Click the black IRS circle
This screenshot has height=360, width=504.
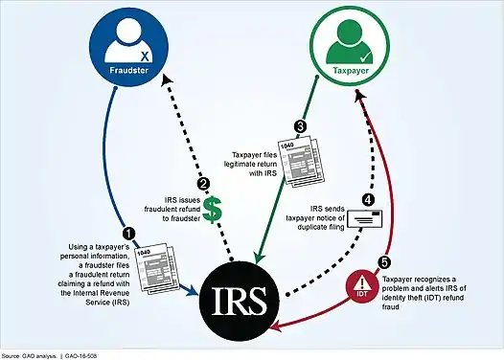(x=240, y=301)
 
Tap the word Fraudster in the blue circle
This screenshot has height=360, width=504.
(x=129, y=70)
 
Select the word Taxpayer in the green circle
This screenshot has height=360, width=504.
(x=351, y=71)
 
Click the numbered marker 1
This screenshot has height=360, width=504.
(x=129, y=234)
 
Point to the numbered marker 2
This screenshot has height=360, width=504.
(x=203, y=185)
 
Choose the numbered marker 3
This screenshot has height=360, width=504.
(x=300, y=126)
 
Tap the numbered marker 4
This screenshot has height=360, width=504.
(x=368, y=200)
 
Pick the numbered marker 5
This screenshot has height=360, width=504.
(x=384, y=262)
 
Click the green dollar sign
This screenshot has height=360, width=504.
(x=213, y=210)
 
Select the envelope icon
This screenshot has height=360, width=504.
(x=365, y=219)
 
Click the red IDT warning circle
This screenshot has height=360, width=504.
(x=362, y=286)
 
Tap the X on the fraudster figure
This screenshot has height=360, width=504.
(x=145, y=56)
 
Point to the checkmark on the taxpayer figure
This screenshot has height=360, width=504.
(x=366, y=57)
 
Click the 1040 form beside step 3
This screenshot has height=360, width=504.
(x=300, y=160)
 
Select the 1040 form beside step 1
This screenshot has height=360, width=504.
(x=157, y=268)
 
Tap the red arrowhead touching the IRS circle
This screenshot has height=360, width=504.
(x=277, y=327)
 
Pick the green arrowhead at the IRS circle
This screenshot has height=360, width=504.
(x=259, y=258)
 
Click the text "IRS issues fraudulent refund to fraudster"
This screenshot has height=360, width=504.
(x=172, y=209)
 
